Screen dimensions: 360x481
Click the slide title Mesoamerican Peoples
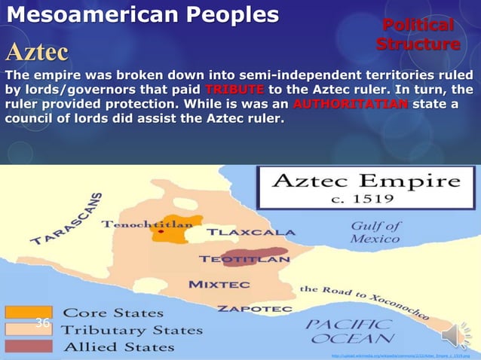(x=142, y=15)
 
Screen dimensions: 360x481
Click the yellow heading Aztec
(x=37, y=52)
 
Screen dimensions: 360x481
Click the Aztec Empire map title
(x=365, y=182)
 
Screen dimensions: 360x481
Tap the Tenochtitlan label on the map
(x=147, y=224)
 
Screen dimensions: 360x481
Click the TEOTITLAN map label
(x=244, y=259)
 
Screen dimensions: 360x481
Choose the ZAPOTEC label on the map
(x=244, y=309)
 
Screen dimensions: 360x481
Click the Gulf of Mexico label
(x=375, y=232)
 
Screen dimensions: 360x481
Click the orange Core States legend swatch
(x=29, y=312)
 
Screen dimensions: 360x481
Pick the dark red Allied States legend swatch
(x=29, y=346)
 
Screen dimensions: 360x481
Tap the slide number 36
(x=43, y=323)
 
